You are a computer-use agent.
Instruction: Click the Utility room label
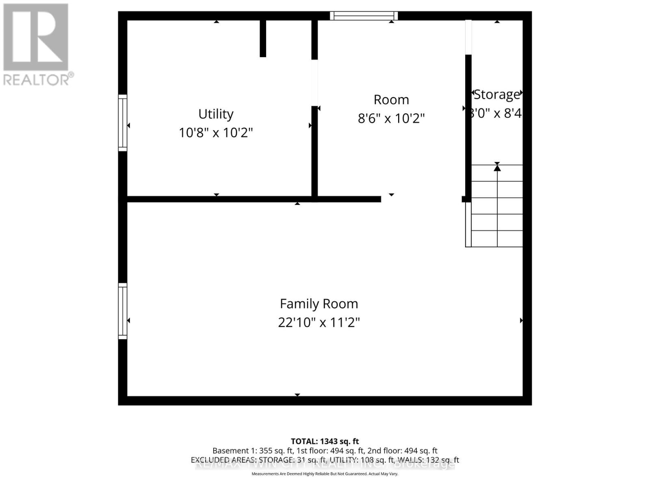tap(216, 114)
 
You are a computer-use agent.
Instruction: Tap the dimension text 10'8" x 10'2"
tap(216, 133)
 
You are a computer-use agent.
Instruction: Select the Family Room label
tap(319, 304)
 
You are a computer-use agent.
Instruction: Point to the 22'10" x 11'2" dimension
tap(319, 323)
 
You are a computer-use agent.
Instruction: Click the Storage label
tap(496, 95)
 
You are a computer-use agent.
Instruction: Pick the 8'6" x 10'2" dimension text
tap(391, 119)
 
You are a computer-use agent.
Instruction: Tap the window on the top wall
tap(364, 16)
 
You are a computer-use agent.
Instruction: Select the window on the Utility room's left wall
tap(123, 123)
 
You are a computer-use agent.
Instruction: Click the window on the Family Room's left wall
tap(123, 311)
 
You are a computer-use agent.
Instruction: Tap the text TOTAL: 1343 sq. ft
tap(325, 441)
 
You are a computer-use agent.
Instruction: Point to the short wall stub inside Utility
tap(263, 38)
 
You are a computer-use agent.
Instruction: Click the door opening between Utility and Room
tap(314, 83)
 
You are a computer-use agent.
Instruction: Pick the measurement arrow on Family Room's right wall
tap(521, 321)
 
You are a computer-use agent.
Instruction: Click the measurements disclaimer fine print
tap(325, 474)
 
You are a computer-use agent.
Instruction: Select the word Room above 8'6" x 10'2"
tap(391, 100)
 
